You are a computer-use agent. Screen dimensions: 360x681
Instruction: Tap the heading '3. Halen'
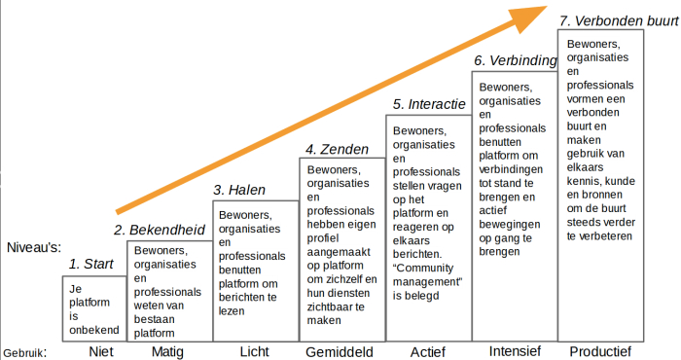coord(239,189)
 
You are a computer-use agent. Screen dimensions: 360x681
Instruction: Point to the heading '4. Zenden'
coord(337,149)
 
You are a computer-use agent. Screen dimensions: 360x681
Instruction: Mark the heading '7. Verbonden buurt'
coord(616,19)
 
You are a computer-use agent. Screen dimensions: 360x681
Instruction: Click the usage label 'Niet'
coord(95,351)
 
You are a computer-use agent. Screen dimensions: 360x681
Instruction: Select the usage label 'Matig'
coord(167,351)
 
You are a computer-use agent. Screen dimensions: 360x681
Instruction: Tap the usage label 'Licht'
coord(255,351)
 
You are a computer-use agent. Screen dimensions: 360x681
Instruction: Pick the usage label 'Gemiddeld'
coord(340,351)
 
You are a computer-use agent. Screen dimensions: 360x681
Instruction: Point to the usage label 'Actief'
coord(427,351)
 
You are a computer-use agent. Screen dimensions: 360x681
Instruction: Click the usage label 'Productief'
coord(600,351)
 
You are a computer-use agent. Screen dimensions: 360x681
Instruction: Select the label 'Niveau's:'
coord(33,248)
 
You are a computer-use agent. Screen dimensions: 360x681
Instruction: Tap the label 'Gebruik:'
coord(24,353)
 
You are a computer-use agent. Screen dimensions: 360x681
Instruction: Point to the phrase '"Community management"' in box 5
coord(425,275)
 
